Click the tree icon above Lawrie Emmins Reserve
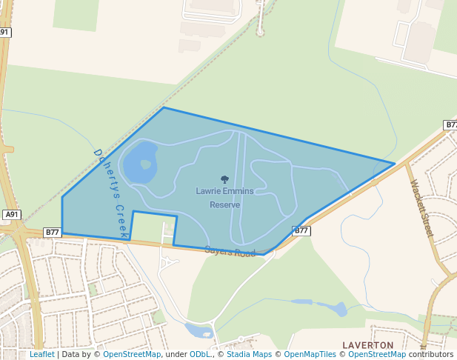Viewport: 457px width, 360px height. coord(224,179)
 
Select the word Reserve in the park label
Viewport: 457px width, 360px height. coord(224,204)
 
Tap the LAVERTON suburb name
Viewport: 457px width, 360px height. coord(367,345)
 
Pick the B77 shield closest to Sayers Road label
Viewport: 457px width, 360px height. coord(301,231)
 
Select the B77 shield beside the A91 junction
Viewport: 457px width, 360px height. coord(52,232)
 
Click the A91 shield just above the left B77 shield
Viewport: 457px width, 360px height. coord(11,215)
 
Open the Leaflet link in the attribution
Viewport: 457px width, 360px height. coord(42,354)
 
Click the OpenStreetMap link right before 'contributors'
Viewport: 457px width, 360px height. coord(377,354)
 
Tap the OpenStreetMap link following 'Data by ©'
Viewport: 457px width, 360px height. coord(132,354)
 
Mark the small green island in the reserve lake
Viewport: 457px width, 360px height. coord(145,164)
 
